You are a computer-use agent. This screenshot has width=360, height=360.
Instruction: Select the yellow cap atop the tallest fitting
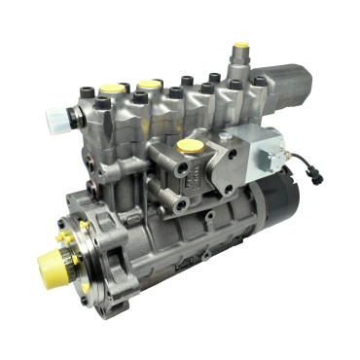pos(240,49)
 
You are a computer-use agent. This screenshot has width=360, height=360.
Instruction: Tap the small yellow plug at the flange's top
pos(85,225)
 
